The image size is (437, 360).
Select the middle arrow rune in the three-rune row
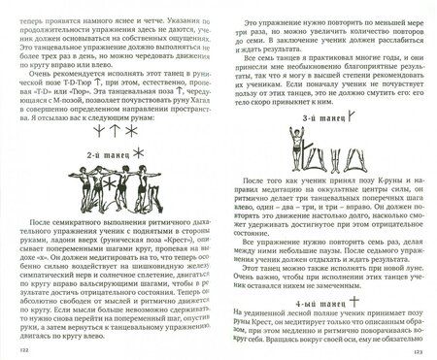click(x=99, y=133)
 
